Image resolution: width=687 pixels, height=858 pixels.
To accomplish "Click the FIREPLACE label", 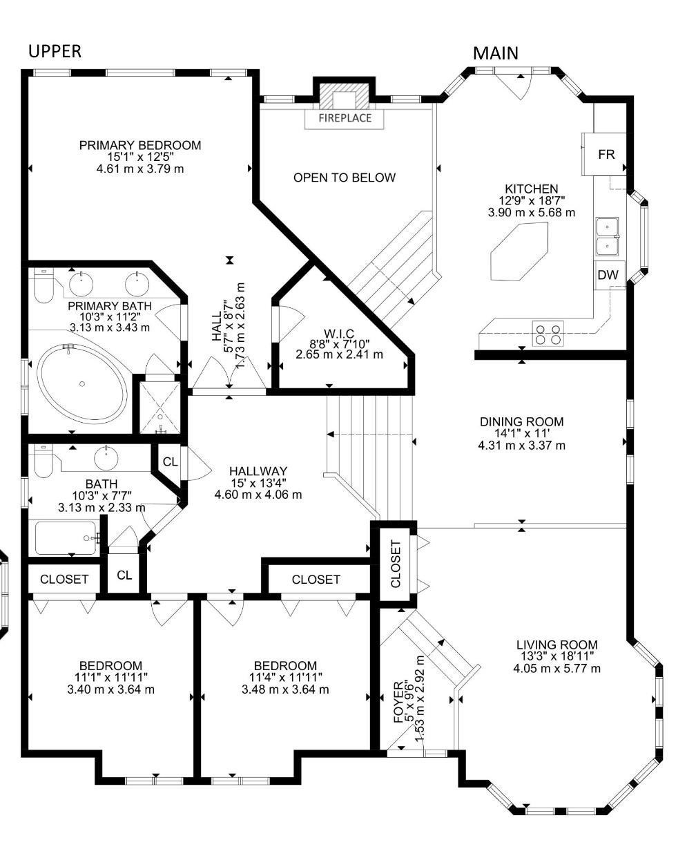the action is tap(345, 118).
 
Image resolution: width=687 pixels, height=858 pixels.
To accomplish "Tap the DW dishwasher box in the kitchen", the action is tap(608, 275).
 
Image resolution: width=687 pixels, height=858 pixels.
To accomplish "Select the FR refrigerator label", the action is tap(606, 154).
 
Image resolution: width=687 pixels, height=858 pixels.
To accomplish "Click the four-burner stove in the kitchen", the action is tap(548, 333).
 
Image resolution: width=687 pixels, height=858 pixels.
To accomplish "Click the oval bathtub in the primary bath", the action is tap(82, 383).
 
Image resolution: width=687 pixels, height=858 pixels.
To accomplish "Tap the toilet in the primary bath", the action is tap(43, 285).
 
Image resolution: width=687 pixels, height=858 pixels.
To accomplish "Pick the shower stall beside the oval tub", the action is tap(159, 408).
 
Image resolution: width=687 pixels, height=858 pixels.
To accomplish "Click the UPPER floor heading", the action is tap(55, 51).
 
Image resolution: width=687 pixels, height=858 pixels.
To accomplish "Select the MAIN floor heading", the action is tap(496, 53).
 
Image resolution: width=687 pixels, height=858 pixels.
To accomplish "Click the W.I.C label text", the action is tap(339, 333).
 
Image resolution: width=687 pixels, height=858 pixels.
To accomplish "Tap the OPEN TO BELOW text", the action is tap(345, 178).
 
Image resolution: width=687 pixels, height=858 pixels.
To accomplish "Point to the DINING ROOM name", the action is tap(521, 421).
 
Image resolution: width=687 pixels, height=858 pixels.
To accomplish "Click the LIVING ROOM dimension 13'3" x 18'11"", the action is tap(557, 656).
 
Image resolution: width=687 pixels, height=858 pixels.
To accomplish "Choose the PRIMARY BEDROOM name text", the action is tap(140, 145).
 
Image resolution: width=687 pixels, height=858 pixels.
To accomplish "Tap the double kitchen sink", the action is tap(607, 236).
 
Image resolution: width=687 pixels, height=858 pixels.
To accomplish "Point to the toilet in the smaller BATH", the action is tap(43, 461).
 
